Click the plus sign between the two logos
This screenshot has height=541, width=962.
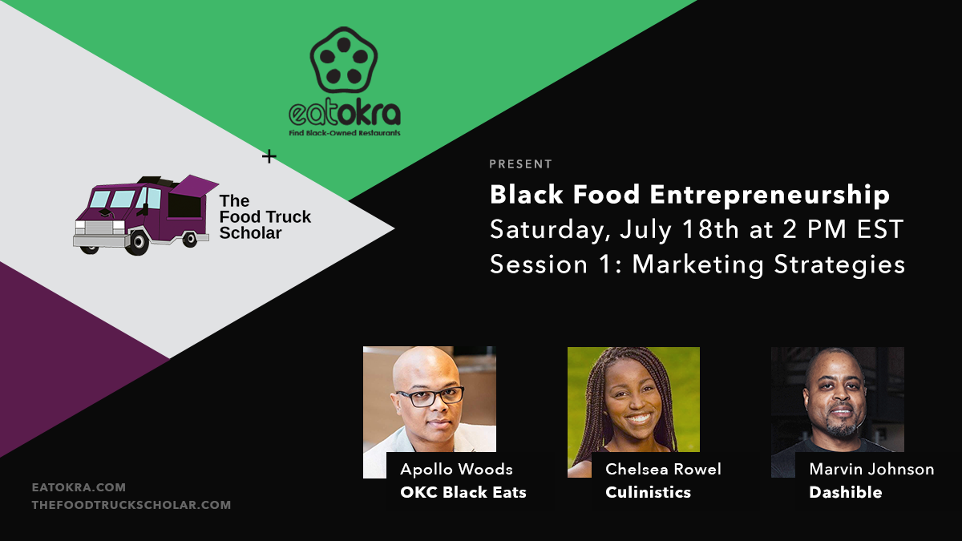coord(269,156)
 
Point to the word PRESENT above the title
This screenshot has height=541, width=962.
coord(521,164)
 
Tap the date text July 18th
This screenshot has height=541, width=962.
coord(665,229)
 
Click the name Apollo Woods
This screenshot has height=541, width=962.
coord(456,469)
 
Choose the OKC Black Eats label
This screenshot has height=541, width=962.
coord(463,492)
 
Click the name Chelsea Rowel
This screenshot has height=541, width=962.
coord(663,469)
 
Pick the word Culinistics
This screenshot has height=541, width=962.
coord(648,492)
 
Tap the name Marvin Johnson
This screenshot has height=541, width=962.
coord(871,469)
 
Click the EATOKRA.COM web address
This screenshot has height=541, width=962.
coord(79,486)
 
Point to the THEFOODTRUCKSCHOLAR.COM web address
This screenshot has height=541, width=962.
coord(131,505)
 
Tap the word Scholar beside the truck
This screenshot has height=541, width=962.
coord(250,233)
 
